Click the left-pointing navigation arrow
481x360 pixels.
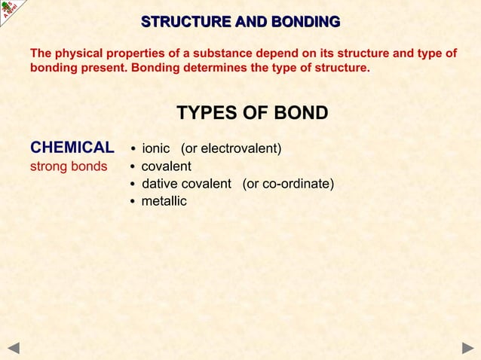coord(13,348)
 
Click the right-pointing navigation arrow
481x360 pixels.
coord(467,348)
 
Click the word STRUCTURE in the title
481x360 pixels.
coord(180,22)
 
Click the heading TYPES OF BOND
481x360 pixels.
coord(252,113)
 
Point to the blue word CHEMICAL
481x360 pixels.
coord(72,147)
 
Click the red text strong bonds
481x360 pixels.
coord(69,166)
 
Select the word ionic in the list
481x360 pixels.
coord(156,148)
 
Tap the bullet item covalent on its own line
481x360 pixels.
coord(167,166)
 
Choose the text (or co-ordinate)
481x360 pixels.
coord(288,184)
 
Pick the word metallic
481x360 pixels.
coord(164,201)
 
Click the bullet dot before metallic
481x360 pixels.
coord(133,202)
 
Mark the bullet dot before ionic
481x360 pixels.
coord(133,148)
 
